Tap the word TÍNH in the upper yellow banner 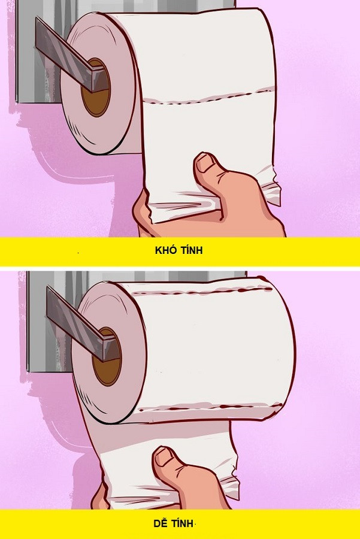coord(191,250)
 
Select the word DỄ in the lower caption coord(160,523)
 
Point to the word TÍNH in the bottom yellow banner coord(183,523)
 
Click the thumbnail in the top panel coord(205,163)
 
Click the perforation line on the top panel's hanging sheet coord(208,97)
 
